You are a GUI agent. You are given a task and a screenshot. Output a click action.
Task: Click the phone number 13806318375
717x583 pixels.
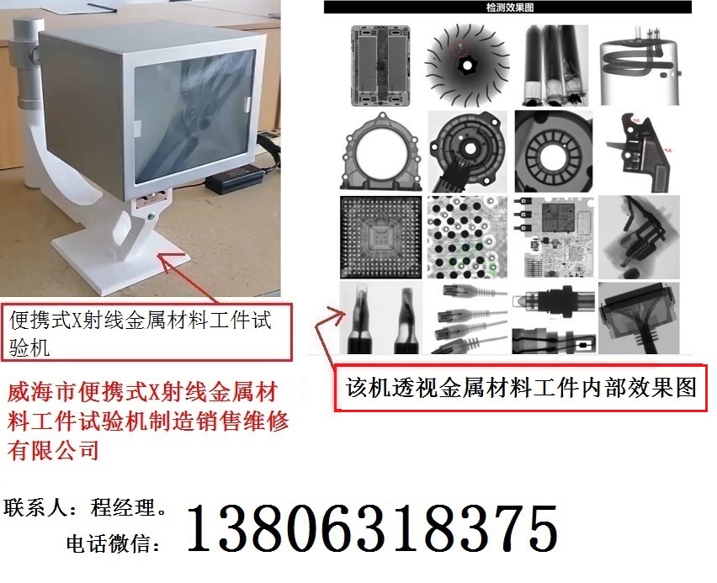click(x=373, y=528)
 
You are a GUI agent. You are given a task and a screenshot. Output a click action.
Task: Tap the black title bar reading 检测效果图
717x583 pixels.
click(x=507, y=8)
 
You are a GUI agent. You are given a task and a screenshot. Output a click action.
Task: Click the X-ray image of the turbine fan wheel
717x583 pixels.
click(x=467, y=66)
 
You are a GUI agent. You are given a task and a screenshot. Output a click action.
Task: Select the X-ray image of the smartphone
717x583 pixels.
click(x=380, y=66)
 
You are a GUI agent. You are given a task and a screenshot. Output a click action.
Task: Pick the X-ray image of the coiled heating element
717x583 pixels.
click(x=640, y=66)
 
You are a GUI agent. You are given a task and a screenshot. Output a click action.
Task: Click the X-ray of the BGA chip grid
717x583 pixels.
click(x=381, y=237)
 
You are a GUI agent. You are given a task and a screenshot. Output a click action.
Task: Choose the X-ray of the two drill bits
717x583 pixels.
click(x=381, y=318)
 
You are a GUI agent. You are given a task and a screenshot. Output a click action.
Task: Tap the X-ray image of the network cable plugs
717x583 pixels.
click(x=468, y=318)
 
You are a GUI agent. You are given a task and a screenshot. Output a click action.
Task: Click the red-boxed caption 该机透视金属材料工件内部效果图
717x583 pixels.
click(x=521, y=388)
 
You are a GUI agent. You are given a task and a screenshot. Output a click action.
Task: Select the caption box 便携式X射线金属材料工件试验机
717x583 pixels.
click(x=146, y=332)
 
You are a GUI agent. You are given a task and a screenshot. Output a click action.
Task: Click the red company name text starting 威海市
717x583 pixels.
click(x=148, y=421)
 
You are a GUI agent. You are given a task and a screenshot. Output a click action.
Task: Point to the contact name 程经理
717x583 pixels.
click(x=123, y=507)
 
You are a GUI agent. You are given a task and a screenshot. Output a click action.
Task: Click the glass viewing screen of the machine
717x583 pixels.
click(x=195, y=117)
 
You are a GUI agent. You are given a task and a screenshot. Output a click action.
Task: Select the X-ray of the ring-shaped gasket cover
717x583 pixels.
click(x=381, y=151)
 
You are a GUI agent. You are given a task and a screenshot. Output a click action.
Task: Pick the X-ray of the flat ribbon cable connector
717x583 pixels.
click(x=639, y=318)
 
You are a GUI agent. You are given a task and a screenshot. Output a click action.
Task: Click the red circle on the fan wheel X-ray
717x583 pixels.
click(x=460, y=48)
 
